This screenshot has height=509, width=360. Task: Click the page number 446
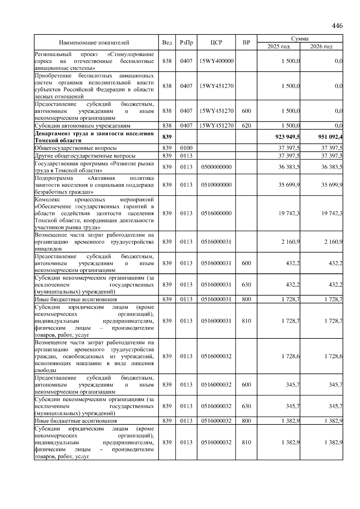[337, 26]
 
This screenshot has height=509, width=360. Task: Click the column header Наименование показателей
[94, 43]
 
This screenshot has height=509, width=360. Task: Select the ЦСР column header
[216, 43]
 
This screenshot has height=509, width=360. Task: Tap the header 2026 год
[321, 46]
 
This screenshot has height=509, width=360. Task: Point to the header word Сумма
[300, 39]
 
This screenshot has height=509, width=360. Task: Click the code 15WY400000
[216, 61]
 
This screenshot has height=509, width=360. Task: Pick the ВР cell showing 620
[246, 126]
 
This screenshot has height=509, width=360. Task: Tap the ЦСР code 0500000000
[216, 167]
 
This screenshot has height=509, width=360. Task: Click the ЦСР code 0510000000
[216, 185]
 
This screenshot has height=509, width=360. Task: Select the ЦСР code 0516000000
[216, 213]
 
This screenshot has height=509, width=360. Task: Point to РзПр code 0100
[186, 148]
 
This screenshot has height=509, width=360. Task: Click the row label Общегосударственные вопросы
[76, 148]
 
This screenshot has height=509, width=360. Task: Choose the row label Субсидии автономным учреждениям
[82, 126]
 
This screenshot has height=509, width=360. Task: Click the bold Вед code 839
[167, 137]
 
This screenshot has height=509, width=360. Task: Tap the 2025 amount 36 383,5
[289, 167]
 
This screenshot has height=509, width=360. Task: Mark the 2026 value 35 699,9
[332, 185]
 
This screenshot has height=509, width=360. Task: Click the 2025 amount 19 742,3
[289, 213]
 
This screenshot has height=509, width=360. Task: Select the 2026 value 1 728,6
[333, 356]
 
